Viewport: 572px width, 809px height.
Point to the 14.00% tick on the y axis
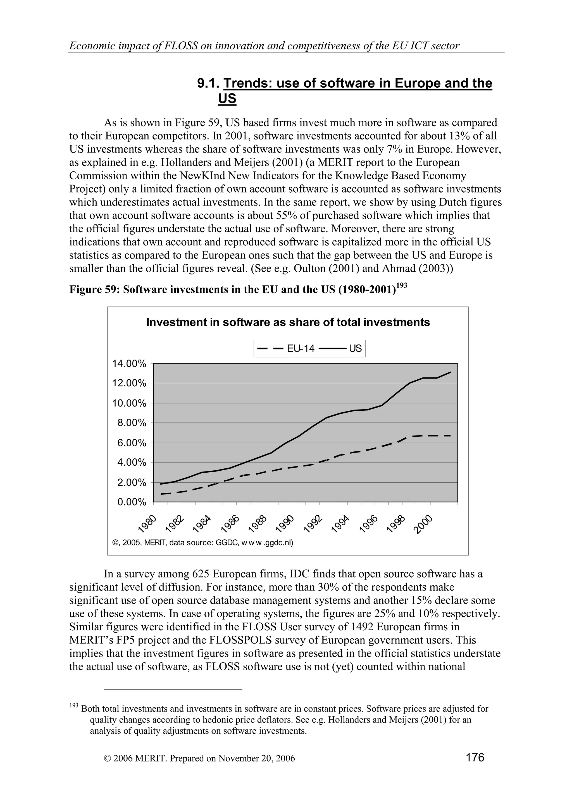click(x=129, y=364)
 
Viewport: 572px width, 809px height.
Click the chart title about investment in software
click(x=288, y=322)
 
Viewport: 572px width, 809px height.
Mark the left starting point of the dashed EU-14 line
click(x=161, y=494)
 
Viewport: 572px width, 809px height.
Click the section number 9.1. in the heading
click(x=208, y=83)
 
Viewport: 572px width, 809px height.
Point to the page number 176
click(x=475, y=757)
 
